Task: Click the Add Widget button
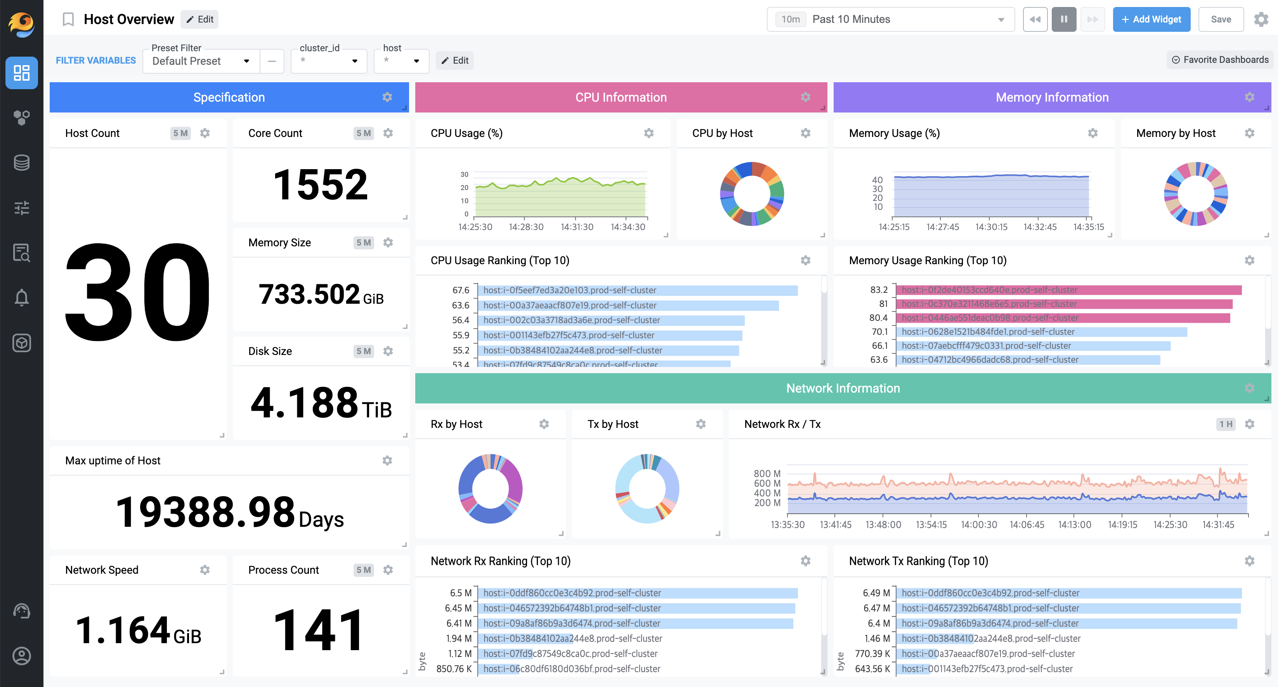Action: point(1151,19)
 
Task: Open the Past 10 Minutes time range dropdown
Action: point(891,19)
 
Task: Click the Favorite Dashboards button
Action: point(1220,59)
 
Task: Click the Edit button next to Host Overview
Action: point(200,19)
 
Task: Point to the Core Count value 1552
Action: point(321,185)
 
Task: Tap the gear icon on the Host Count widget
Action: point(205,133)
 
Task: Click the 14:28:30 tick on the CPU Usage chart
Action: point(526,227)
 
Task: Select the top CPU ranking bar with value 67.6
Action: point(638,290)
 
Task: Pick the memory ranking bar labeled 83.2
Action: point(1069,290)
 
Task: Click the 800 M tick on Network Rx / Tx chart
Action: point(766,473)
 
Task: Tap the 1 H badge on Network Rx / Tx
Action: point(1225,424)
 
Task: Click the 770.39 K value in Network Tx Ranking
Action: point(872,654)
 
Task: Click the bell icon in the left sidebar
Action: point(21,298)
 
